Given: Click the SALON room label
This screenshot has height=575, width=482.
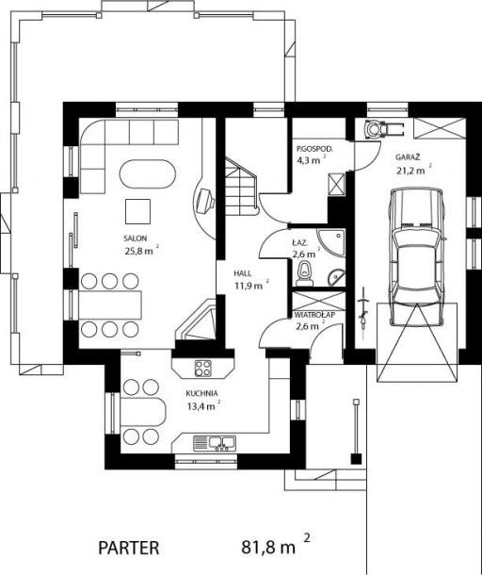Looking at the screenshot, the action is (x=136, y=238).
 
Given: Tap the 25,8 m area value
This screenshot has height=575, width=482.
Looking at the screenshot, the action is (x=138, y=252).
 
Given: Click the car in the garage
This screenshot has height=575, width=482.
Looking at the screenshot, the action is (x=416, y=256).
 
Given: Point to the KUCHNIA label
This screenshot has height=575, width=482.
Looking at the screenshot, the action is (x=201, y=393).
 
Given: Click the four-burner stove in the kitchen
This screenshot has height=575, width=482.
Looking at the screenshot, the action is (x=202, y=368).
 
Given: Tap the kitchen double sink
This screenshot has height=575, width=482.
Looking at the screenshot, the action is (x=215, y=443).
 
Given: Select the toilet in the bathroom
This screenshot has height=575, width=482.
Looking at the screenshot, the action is (x=304, y=273).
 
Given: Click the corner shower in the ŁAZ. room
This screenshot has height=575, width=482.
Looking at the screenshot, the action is (x=331, y=242).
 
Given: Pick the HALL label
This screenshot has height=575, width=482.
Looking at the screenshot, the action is (x=243, y=273).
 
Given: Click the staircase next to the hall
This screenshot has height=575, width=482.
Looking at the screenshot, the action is (x=240, y=187).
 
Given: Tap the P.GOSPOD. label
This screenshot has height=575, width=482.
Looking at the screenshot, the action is (x=314, y=149).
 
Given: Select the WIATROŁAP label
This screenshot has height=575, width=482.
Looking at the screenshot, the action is (x=314, y=314).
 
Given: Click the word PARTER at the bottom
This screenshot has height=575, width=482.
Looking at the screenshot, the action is (x=129, y=548).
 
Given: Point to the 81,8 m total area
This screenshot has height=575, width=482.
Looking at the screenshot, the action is (x=268, y=548).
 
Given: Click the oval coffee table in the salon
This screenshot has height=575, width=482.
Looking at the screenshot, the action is (x=148, y=173).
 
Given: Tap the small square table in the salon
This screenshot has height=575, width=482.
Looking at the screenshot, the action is (x=137, y=211).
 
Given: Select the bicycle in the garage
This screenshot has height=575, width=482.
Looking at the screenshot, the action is (x=363, y=307).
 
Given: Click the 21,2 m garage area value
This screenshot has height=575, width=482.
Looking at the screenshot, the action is (x=411, y=171).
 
